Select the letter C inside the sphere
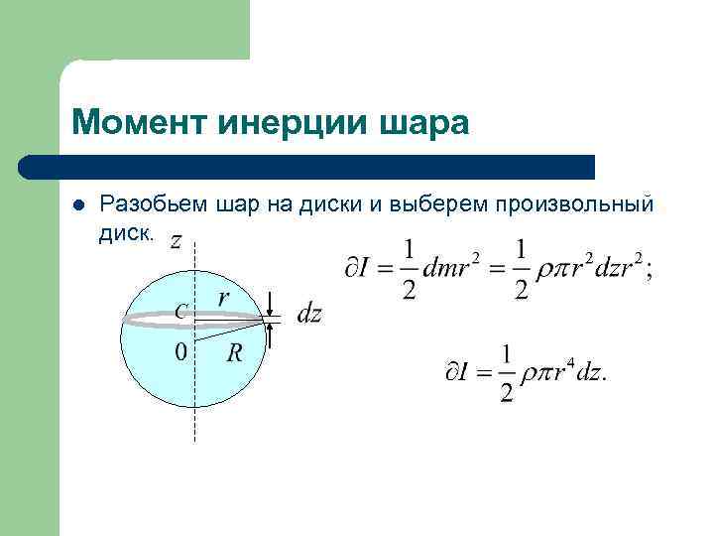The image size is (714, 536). (x=179, y=311)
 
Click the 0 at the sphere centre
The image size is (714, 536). (x=179, y=352)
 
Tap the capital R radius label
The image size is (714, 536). (x=235, y=352)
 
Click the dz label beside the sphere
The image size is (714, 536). (x=309, y=315)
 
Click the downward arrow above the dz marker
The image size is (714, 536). (x=271, y=302)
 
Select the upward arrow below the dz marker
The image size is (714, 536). (x=271, y=335)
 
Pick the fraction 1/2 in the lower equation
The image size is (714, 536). (x=507, y=372)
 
